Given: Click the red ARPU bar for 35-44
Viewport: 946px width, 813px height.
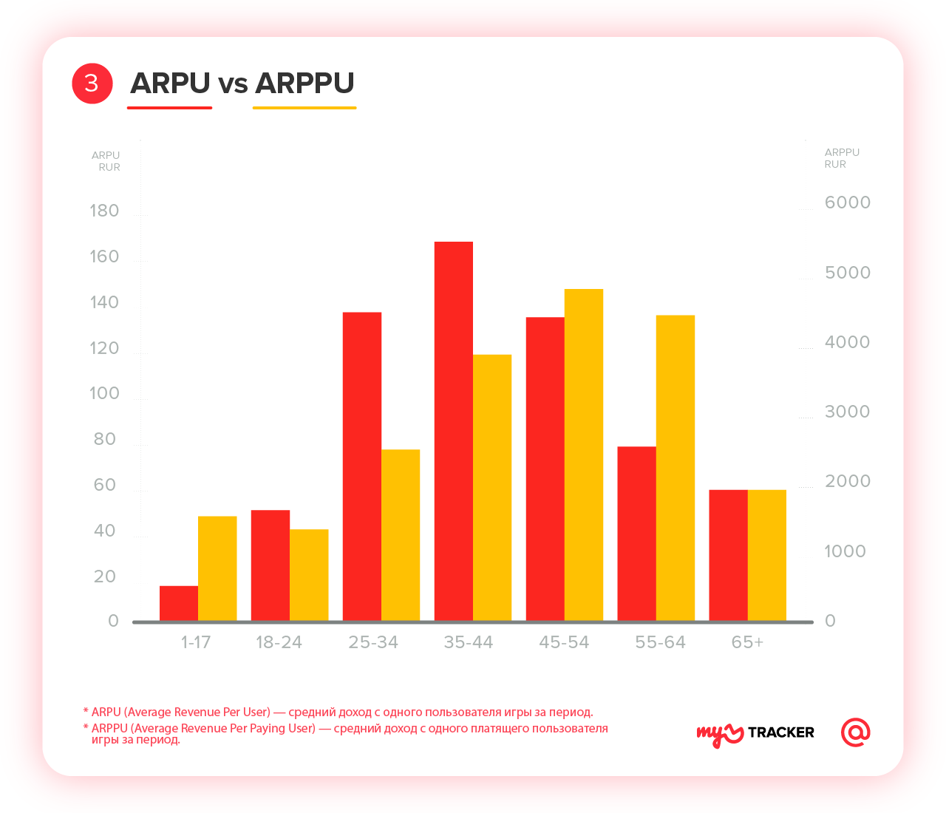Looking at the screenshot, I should pyautogui.click(x=453, y=431).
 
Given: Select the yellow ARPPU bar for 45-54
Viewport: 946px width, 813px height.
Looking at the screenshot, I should pyautogui.click(x=584, y=455).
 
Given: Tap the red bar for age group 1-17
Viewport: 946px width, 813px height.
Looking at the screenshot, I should pyautogui.click(x=179, y=603).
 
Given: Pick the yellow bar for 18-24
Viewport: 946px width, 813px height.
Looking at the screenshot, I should pyautogui.click(x=309, y=575).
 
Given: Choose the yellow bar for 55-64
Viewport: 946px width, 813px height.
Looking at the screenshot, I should pyautogui.click(x=676, y=468).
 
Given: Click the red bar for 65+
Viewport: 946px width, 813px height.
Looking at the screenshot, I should pyautogui.click(x=728, y=555).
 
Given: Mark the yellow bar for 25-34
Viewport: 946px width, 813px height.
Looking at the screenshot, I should pyautogui.click(x=401, y=535).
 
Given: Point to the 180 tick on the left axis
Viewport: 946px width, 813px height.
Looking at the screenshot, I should pyautogui.click(x=104, y=211).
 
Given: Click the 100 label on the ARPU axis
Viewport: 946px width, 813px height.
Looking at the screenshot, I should pyautogui.click(x=104, y=393).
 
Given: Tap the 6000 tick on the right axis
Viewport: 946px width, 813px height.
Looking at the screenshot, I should pyautogui.click(x=848, y=203).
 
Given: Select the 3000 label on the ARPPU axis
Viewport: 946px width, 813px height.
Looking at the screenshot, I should pyautogui.click(x=848, y=412).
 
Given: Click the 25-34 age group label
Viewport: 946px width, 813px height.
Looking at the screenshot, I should pyautogui.click(x=373, y=642).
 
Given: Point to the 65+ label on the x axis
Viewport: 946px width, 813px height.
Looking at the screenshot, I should pyautogui.click(x=747, y=642).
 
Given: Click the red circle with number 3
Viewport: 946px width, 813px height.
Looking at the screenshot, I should pyautogui.click(x=92, y=83).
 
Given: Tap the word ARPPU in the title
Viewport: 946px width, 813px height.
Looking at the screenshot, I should pyautogui.click(x=304, y=83).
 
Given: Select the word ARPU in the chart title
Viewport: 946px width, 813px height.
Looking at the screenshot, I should pyautogui.click(x=171, y=83).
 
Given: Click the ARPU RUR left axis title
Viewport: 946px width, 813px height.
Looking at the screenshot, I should pyautogui.click(x=106, y=161).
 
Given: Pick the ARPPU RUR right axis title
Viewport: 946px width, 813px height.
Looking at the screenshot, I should pyautogui.click(x=842, y=158).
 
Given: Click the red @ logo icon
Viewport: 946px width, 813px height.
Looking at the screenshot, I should pyautogui.click(x=856, y=732).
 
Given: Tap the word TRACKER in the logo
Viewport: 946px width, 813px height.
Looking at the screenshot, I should pyautogui.click(x=781, y=732).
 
